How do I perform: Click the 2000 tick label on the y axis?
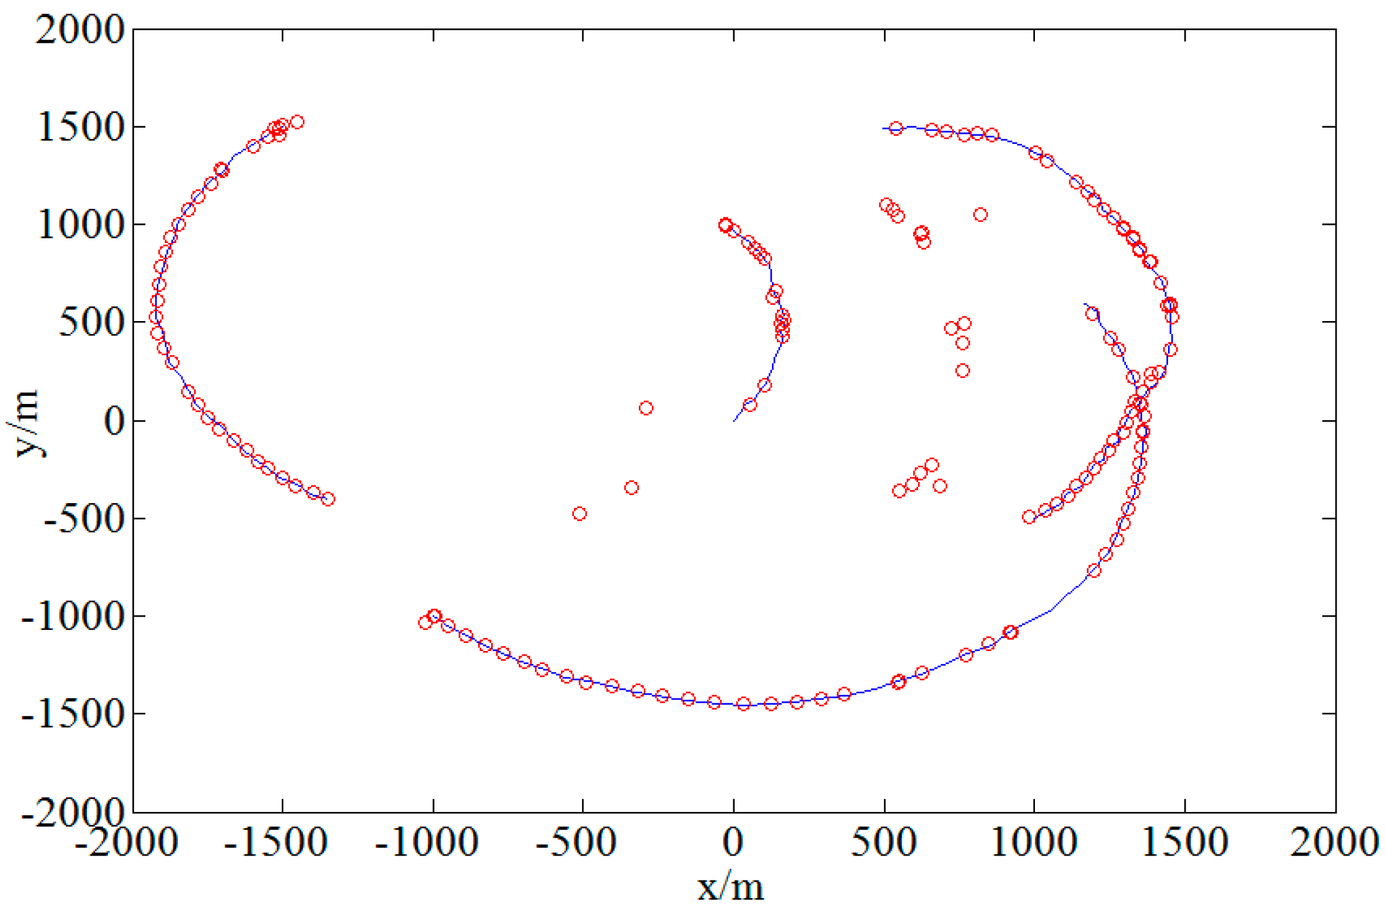coord(80,30)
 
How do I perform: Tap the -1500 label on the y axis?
coord(73,714)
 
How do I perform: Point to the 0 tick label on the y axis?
coord(114,421)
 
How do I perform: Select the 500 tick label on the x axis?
coord(883,843)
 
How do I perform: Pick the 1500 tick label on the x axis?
coord(1185,843)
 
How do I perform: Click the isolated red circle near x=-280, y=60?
coord(646,408)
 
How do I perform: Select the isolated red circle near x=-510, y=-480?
coord(579,514)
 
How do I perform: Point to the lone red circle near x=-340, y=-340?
coord(632,487)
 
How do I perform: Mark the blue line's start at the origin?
coord(734,421)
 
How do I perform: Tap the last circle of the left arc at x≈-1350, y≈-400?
coord(328,499)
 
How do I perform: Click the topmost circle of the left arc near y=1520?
coord(297,122)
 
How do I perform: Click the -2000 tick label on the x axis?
coord(126,843)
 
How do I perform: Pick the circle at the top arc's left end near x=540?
coord(896,128)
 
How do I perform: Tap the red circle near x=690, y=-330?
coord(940,486)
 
